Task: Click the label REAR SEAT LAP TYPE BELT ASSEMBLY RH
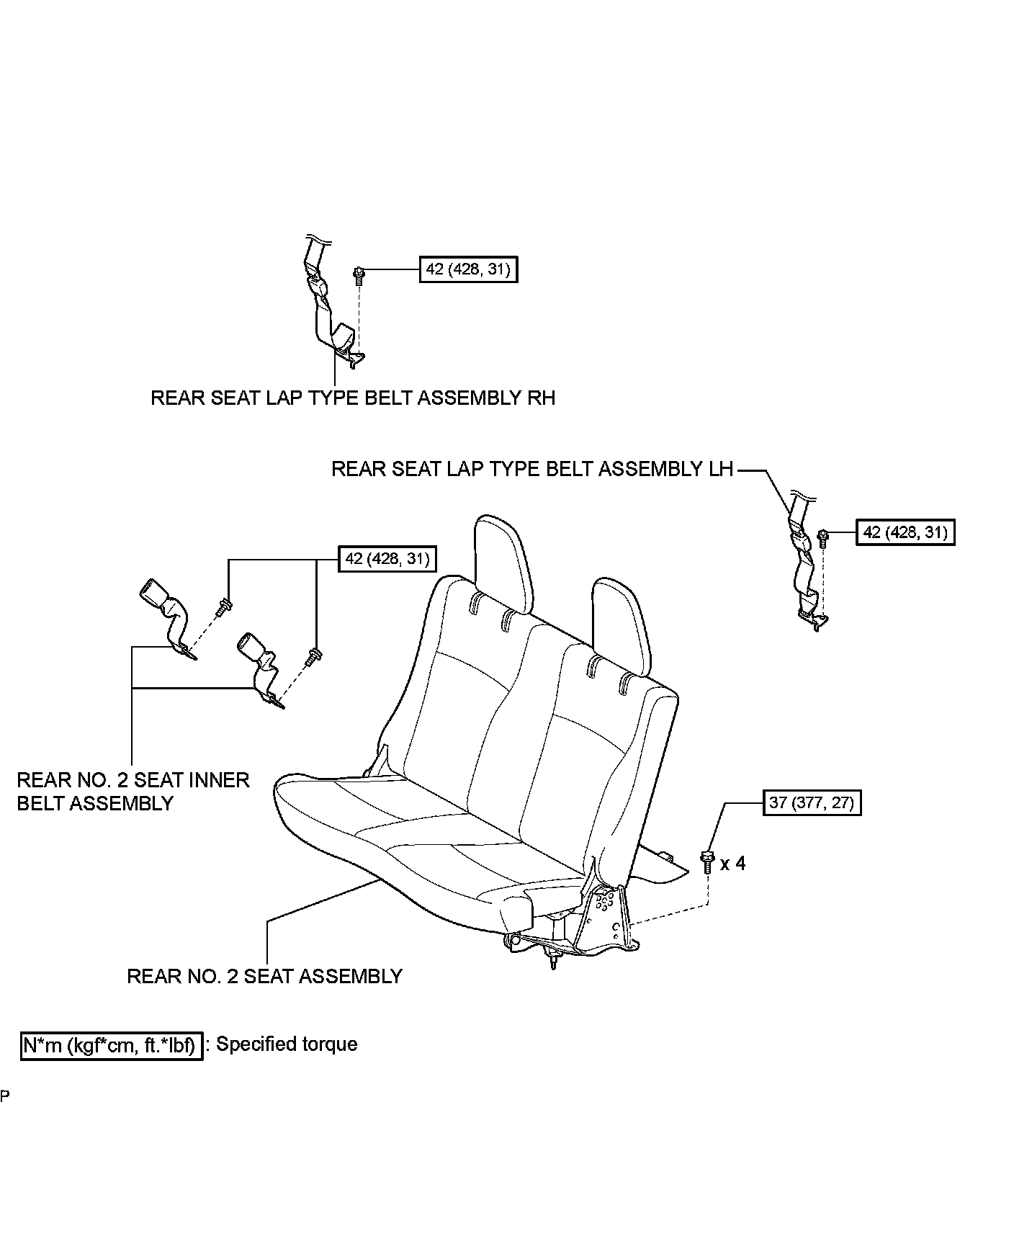tap(353, 398)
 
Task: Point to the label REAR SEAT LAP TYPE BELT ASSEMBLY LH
tap(532, 469)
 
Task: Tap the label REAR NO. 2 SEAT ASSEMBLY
tap(264, 976)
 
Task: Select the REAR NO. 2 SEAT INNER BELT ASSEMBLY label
tap(133, 791)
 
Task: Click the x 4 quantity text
tap(733, 863)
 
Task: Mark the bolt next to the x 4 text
tap(706, 861)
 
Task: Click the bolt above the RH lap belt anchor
tap(359, 274)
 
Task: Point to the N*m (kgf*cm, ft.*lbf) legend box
tap(111, 1045)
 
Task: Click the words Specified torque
tap(287, 1044)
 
